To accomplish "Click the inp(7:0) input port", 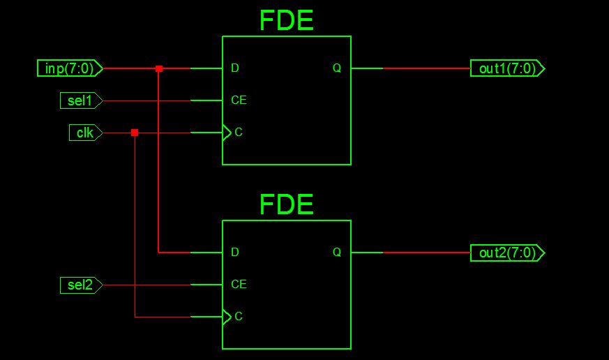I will (70, 68).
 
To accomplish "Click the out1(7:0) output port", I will (507, 68).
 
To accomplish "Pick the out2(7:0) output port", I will (507, 253).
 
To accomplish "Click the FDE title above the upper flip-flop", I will (286, 20).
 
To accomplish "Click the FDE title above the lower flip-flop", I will (286, 204).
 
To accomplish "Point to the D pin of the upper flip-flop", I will (235, 68).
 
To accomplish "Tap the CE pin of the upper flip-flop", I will (239, 100).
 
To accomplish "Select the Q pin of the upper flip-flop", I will (337, 68).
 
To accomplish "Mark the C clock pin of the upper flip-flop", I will (239, 133).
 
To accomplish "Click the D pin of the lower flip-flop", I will (235, 253).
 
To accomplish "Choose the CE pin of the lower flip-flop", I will (239, 285).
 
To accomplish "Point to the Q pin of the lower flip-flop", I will (337, 253).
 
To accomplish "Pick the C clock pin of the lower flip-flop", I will (239, 317).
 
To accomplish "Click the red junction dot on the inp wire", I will (159, 68).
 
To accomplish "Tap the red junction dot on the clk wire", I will (135, 133).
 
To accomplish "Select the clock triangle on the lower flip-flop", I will (227, 317).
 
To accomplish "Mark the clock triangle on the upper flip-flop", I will (227, 133).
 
